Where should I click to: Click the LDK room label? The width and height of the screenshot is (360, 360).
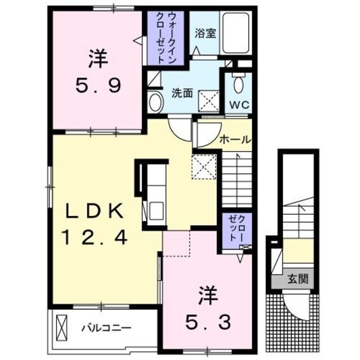(94, 212)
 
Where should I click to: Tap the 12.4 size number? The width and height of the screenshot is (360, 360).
(94, 238)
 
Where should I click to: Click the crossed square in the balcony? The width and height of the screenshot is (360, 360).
(61, 327)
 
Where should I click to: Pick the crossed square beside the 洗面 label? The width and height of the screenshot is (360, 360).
(210, 101)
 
